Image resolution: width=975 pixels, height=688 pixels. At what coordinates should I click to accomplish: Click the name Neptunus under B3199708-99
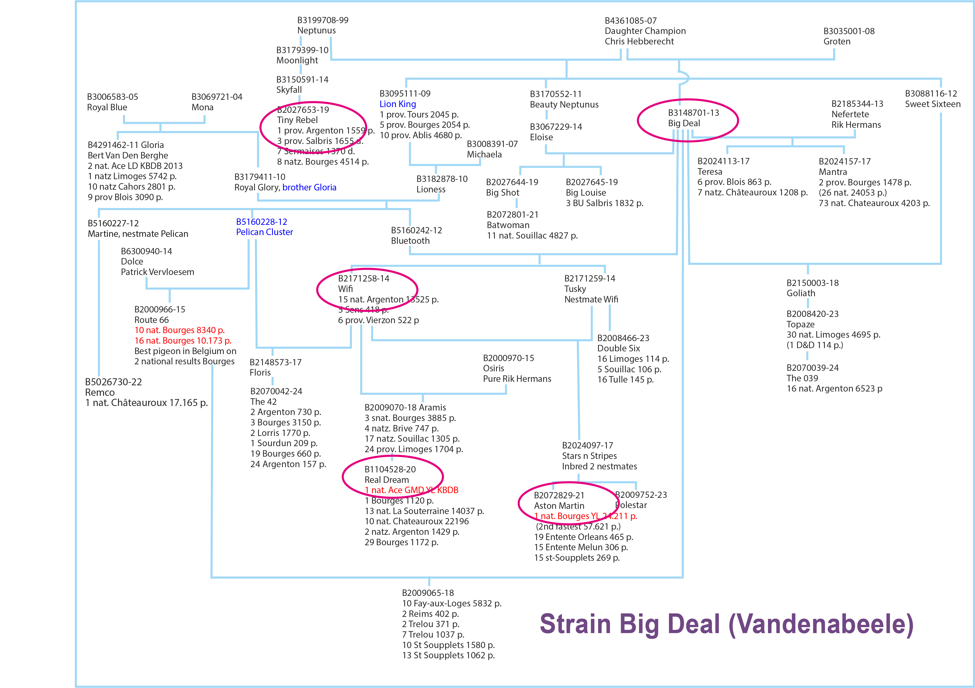click(316, 31)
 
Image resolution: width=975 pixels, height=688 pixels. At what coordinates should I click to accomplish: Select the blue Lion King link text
click(398, 104)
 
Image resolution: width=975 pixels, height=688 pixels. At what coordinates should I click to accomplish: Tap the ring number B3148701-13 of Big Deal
click(693, 113)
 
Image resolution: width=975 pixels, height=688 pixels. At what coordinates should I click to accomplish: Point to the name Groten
click(837, 42)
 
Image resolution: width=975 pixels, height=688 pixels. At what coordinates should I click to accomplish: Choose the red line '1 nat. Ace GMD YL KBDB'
click(411, 490)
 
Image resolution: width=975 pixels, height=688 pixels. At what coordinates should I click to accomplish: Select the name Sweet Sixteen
click(933, 104)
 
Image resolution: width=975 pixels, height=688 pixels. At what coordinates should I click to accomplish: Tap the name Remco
click(100, 392)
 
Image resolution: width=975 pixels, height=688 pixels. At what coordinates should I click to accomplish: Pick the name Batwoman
click(508, 225)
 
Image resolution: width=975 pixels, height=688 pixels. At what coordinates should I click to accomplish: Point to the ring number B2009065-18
click(428, 593)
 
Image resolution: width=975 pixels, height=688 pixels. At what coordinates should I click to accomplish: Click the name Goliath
click(800, 293)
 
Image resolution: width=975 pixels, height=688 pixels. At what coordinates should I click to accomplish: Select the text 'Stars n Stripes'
click(589, 456)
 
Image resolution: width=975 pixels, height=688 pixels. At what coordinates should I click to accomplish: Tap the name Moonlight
click(297, 60)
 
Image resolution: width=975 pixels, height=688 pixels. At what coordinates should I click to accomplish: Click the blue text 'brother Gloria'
click(309, 187)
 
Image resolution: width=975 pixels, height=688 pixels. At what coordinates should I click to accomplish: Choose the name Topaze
click(800, 324)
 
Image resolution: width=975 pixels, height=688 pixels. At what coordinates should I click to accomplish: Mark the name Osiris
click(493, 368)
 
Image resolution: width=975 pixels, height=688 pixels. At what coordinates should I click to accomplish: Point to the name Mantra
click(832, 172)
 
